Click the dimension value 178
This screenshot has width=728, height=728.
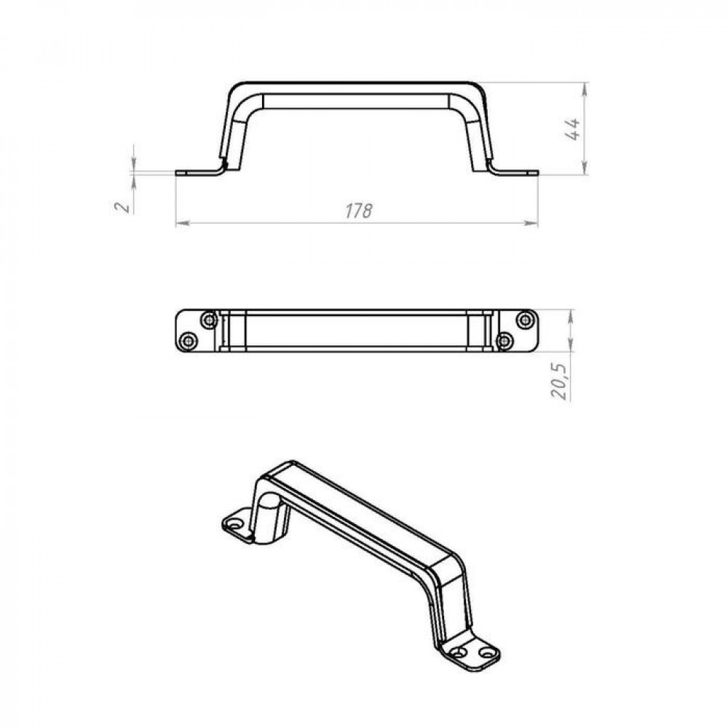[x=358, y=211]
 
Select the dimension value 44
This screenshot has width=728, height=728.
[x=572, y=129]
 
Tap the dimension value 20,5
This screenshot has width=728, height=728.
[x=559, y=381]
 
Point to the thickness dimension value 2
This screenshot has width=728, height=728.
[x=122, y=206]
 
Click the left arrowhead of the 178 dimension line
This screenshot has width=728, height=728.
[x=183, y=223]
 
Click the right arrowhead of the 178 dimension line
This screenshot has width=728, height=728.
[x=531, y=223]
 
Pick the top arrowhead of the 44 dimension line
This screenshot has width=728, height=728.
[x=585, y=89]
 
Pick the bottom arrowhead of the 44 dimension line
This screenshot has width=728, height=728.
[x=585, y=167]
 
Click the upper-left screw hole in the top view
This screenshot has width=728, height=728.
[x=209, y=320]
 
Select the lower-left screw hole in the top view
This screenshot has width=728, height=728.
[x=188, y=341]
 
